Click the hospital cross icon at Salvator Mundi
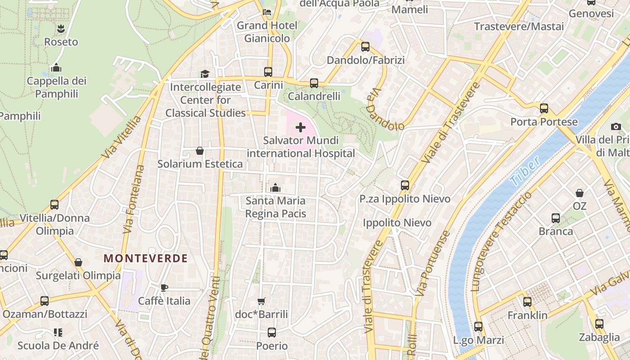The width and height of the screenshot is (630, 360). click(x=301, y=127)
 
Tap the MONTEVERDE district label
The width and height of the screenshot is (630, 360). click(x=145, y=258)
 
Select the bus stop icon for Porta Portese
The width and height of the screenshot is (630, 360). click(x=544, y=108)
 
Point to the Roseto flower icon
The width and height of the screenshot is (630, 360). click(x=61, y=29)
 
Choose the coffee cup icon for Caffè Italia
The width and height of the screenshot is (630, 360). click(x=164, y=288)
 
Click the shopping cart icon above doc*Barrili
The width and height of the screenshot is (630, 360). click(x=261, y=301)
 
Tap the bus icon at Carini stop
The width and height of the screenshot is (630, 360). click(x=268, y=72)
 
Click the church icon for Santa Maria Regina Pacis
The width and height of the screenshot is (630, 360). click(x=275, y=187)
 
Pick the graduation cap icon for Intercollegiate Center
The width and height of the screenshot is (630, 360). click(x=205, y=74)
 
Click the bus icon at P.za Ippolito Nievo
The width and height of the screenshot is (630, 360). click(x=405, y=185)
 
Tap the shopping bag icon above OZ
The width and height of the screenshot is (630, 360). click(x=580, y=193)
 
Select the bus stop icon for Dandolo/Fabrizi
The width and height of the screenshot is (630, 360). click(x=365, y=47)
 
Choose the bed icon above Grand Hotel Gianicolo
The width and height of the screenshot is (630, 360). click(x=267, y=12)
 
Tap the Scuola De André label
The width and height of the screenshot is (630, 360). click(x=58, y=346)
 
